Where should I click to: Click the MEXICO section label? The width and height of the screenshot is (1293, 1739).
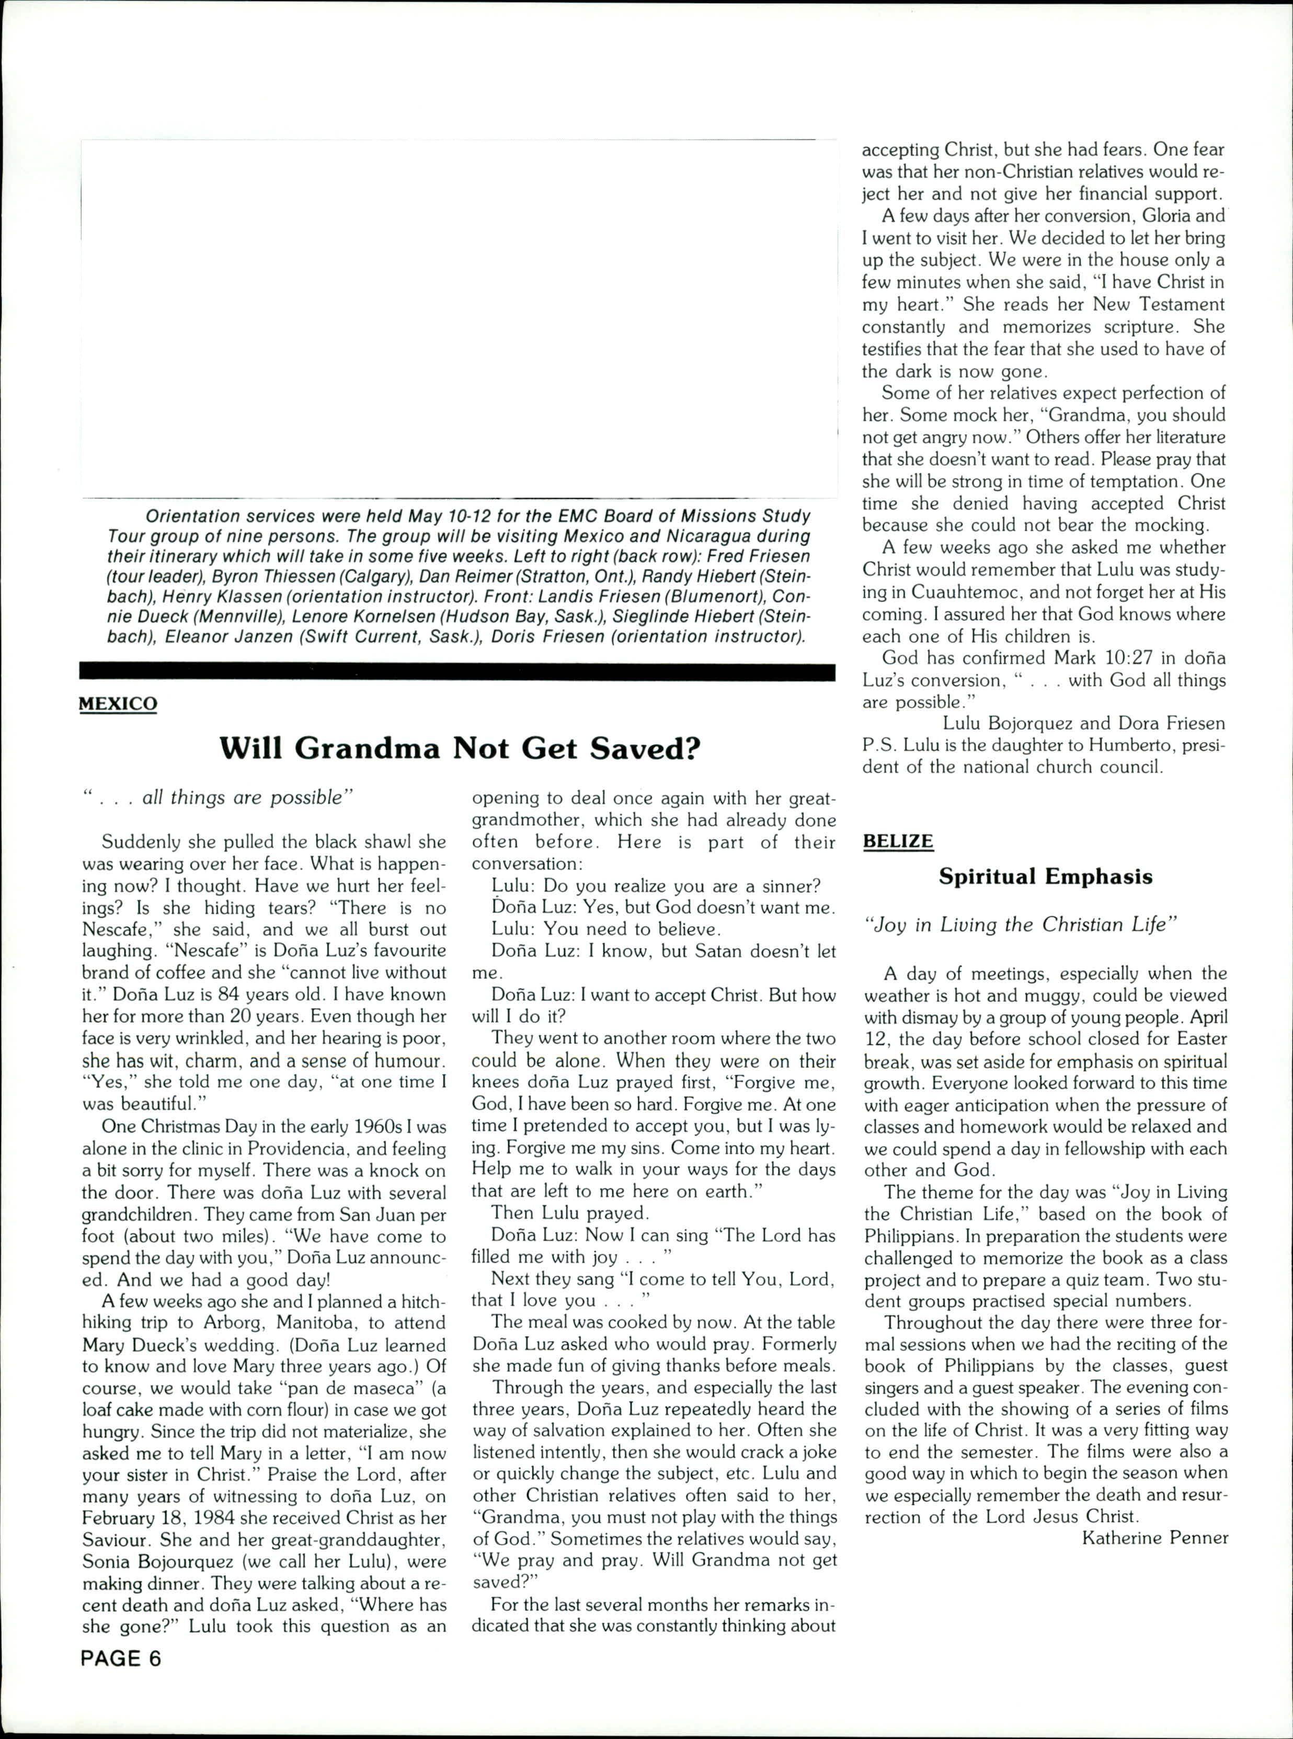118,704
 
